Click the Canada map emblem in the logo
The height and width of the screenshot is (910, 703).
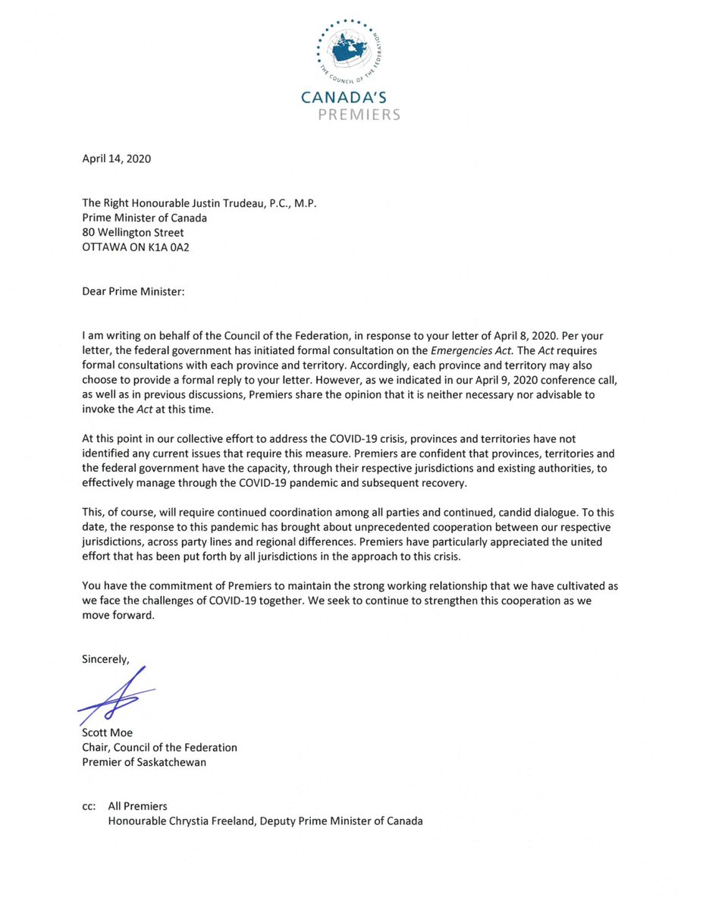pyautogui.click(x=350, y=50)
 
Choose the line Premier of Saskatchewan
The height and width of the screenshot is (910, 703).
pyautogui.click(x=144, y=761)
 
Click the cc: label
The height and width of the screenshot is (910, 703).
pyautogui.click(x=89, y=806)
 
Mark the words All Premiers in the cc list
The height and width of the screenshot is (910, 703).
pyautogui.click(x=137, y=806)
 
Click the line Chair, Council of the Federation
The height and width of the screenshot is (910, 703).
pyautogui.click(x=159, y=748)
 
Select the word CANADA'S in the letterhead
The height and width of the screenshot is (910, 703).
pyautogui.click(x=350, y=98)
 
